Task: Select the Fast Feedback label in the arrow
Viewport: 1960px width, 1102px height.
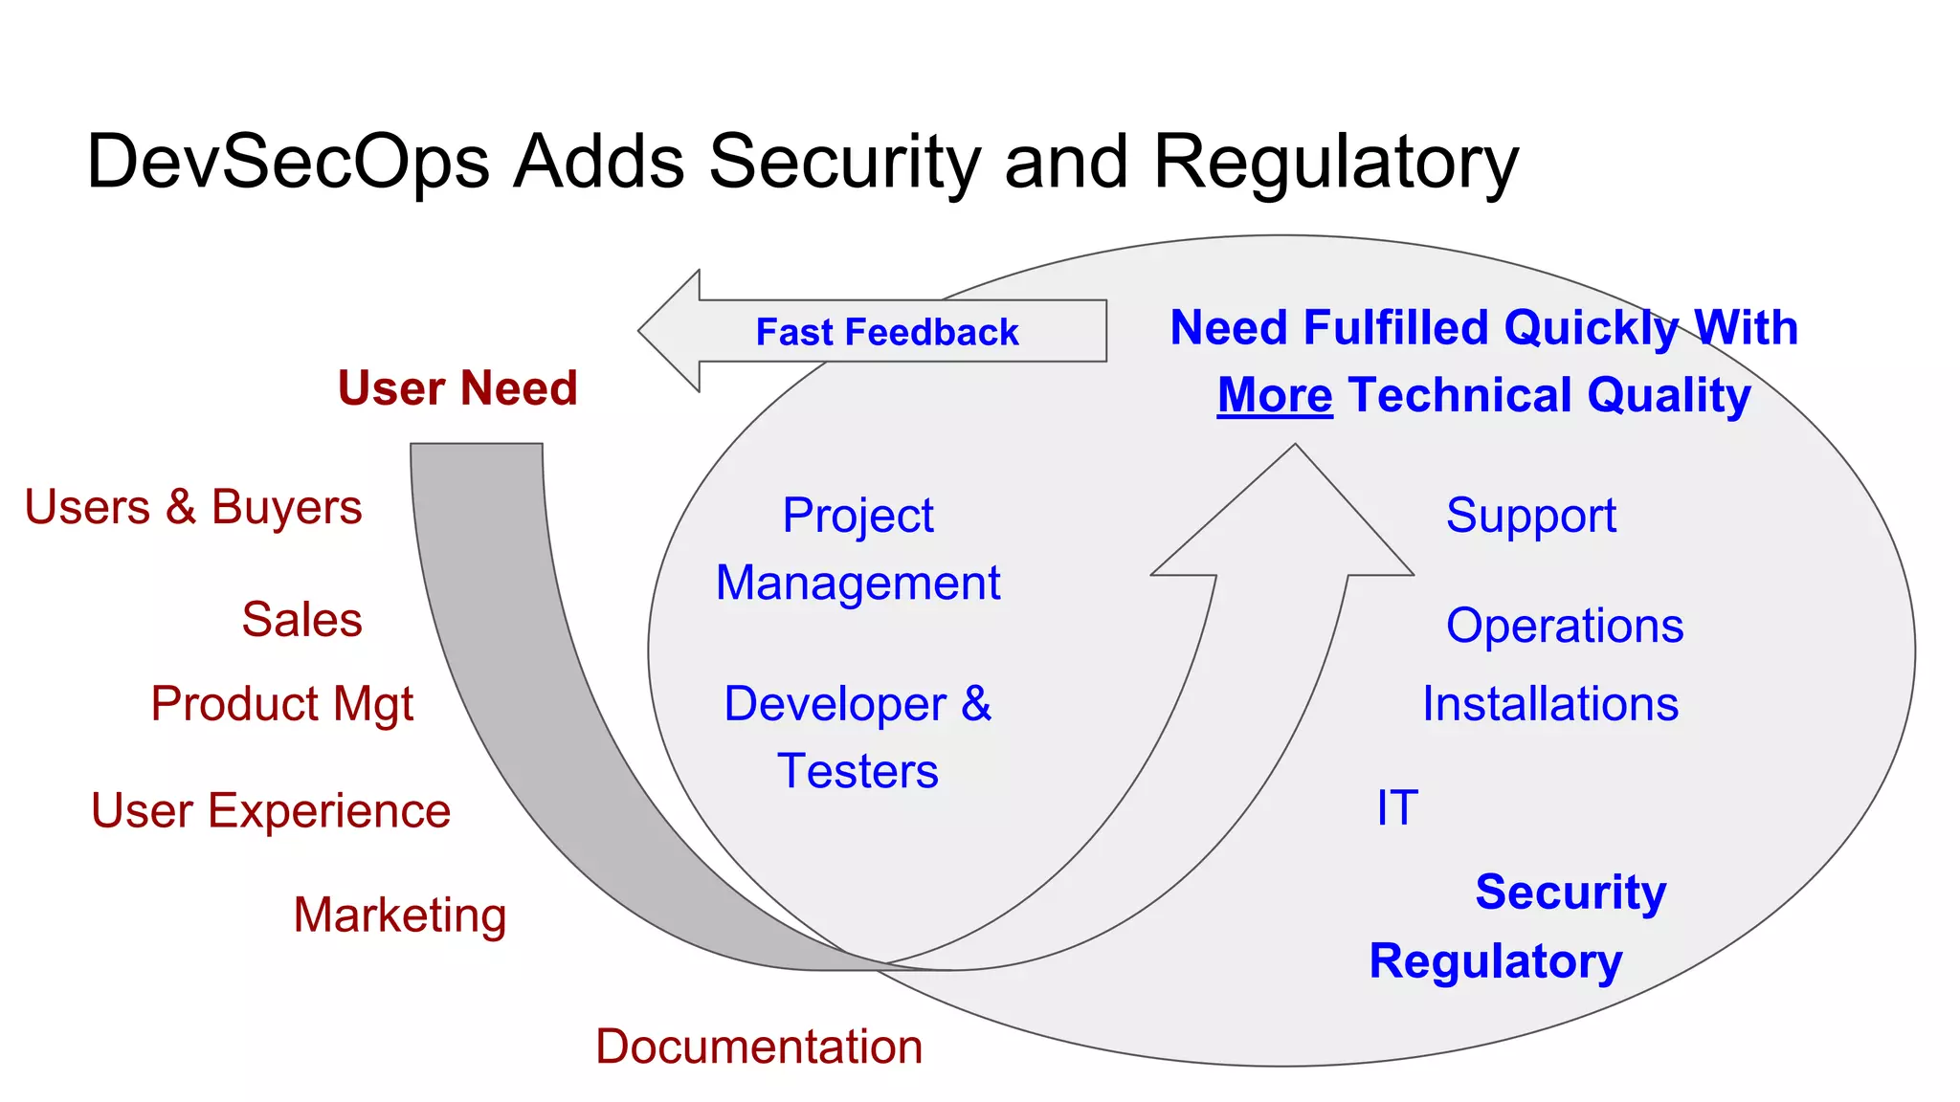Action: (886, 332)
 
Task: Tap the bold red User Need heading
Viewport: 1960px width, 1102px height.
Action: (457, 388)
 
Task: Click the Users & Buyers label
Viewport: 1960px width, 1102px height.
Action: (193, 507)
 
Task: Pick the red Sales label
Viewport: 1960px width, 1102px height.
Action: (301, 619)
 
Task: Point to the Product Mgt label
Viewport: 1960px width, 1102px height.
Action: (281, 704)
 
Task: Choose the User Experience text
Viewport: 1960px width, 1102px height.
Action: (271, 811)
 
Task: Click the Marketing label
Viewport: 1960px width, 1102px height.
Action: (399, 915)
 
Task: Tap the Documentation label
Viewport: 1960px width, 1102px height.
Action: (759, 1047)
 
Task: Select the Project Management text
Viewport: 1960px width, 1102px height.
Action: (857, 549)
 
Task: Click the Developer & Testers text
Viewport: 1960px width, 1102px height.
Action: (857, 737)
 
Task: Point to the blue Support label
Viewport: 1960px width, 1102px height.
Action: (1530, 516)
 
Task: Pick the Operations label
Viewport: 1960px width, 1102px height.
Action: (1564, 627)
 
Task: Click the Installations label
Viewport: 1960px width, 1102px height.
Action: (1549, 704)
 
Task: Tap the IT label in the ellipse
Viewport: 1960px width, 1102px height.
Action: (1396, 808)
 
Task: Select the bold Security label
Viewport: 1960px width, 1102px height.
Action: (1570, 893)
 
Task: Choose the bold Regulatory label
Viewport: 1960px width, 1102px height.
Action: (1495, 961)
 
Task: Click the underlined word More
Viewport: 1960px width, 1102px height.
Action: (1274, 395)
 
